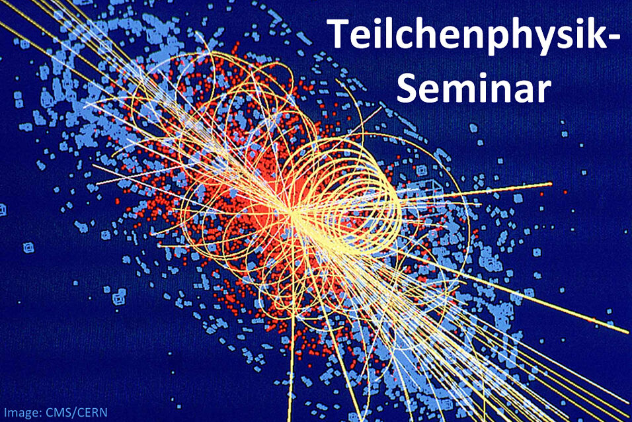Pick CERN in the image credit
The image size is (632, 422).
(93, 412)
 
